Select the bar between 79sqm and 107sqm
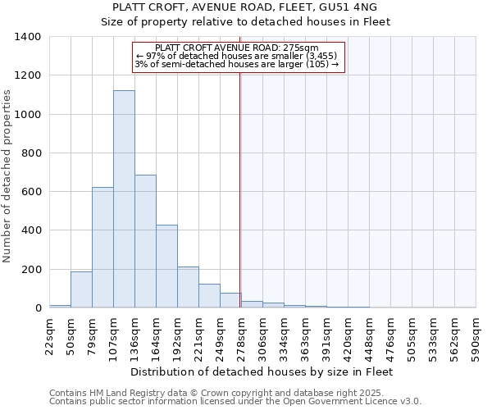(x=102, y=248)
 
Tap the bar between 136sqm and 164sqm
(x=145, y=241)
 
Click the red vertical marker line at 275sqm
(x=240, y=189)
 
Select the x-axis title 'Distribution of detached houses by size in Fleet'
(x=262, y=372)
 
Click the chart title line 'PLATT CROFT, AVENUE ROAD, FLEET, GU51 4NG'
(x=244, y=7)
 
